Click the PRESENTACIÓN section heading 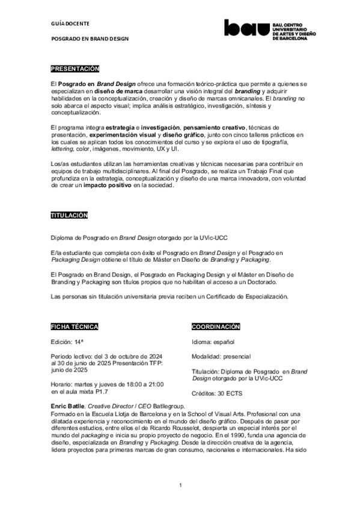coord(75,69)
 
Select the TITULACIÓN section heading coord(69,215)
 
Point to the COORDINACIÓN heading coord(215,327)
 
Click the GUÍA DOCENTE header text coord(70,23)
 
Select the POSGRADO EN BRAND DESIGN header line coord(90,38)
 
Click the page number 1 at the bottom coord(180,485)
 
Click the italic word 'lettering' coord(63,149)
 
